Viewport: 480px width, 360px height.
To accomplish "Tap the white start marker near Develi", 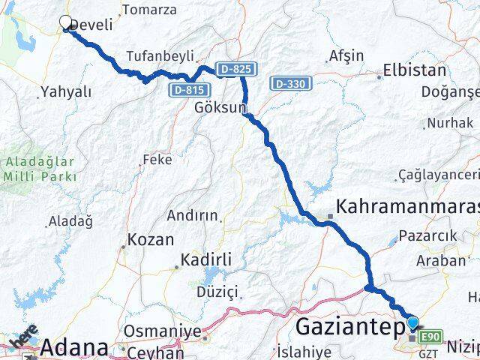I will coord(65,24).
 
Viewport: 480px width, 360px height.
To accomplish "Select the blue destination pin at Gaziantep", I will coord(412,324).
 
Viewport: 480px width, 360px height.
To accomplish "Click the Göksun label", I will coord(220,108).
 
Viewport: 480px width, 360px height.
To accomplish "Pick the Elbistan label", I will coord(414,70).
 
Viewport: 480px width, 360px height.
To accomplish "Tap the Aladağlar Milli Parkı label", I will coord(40,169).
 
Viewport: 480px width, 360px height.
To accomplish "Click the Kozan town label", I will coord(151,241).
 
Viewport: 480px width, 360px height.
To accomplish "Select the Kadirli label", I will coord(206,260).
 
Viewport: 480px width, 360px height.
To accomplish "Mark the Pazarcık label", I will coord(427,237).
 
